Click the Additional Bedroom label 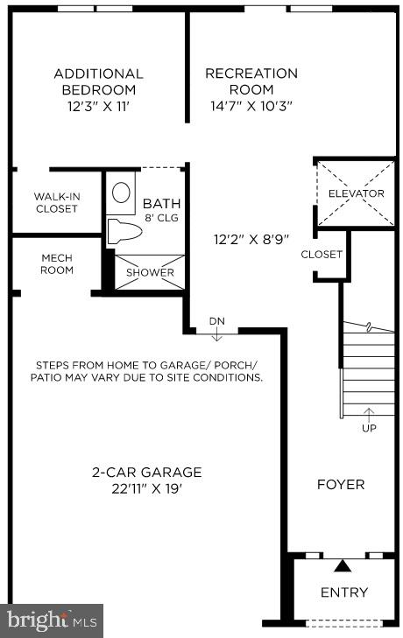pyautogui.click(x=98, y=81)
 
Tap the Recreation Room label pyautogui.click(x=251, y=81)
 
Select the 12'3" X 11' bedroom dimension pyautogui.click(x=98, y=107)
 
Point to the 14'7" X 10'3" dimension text pyautogui.click(x=251, y=107)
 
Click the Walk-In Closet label pyautogui.click(x=56, y=202)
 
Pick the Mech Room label pyautogui.click(x=57, y=263)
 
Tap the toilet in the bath pyautogui.click(x=120, y=231)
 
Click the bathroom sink pyautogui.click(x=122, y=192)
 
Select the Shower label pyautogui.click(x=151, y=272)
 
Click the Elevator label pyautogui.click(x=356, y=193)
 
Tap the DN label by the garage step pyautogui.click(x=216, y=321)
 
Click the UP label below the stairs pyautogui.click(x=369, y=428)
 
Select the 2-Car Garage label pyautogui.click(x=147, y=472)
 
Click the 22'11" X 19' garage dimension pyautogui.click(x=147, y=488)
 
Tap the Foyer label pyautogui.click(x=341, y=484)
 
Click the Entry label pyautogui.click(x=343, y=592)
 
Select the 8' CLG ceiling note pyautogui.click(x=162, y=217)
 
